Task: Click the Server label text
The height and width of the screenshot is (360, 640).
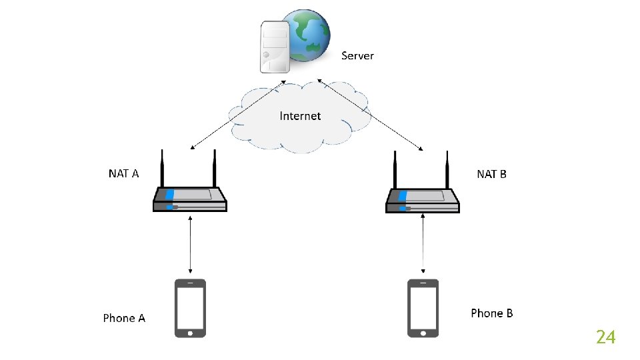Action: [x=357, y=56]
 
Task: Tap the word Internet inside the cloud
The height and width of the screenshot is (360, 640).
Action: [x=300, y=116]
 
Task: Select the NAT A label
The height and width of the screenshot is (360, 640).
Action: [x=123, y=174]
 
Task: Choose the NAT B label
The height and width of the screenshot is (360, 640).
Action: [x=491, y=174]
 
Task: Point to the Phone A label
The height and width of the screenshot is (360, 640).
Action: [x=124, y=318]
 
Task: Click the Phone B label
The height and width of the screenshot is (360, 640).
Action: [x=491, y=313]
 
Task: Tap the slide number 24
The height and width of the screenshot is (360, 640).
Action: [x=605, y=337]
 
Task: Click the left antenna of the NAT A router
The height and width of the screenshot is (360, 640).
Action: [x=161, y=169]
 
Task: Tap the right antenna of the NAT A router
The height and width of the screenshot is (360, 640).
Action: [x=215, y=169]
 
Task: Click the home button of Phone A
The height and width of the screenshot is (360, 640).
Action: [x=191, y=331]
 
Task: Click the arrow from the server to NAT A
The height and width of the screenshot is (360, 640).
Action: [x=237, y=114]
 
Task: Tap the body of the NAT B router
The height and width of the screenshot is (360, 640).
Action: [x=423, y=199]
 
